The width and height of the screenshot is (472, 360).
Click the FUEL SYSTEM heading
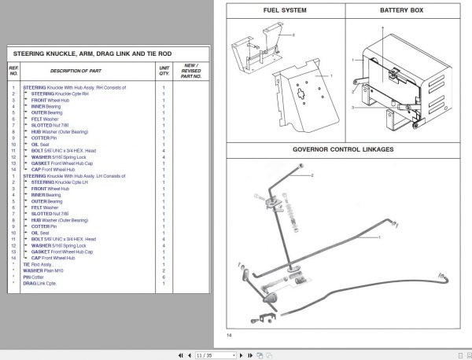[x=285, y=11]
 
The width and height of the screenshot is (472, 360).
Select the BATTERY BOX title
[x=401, y=11]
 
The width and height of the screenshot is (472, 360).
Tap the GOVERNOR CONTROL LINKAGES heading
[x=343, y=149]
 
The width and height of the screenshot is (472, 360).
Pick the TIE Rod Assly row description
[x=39, y=264]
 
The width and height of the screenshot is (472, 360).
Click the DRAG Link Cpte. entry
[x=40, y=283]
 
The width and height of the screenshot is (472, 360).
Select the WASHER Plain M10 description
[x=43, y=270]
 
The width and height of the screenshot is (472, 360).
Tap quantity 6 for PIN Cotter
[x=164, y=277]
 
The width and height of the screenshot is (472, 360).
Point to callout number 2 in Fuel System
[x=293, y=35]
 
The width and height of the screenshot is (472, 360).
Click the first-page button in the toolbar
[x=183, y=355]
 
